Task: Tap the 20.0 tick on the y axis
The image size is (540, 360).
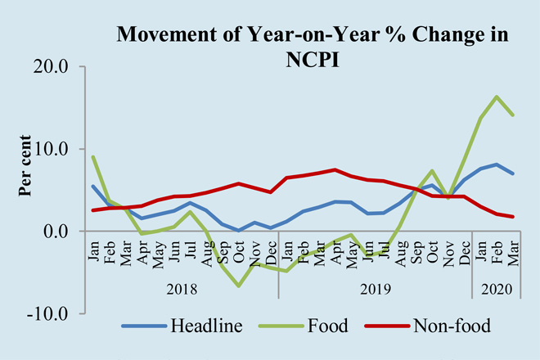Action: (x=52, y=66)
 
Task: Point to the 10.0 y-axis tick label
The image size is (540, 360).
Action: (x=52, y=149)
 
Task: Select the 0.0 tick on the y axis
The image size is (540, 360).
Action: (x=56, y=232)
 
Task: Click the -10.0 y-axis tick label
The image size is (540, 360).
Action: (x=48, y=313)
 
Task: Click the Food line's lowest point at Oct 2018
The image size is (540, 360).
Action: (x=239, y=286)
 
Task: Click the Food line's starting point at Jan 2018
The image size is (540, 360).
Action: (x=92, y=156)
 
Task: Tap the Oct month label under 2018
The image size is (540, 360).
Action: (x=239, y=250)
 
